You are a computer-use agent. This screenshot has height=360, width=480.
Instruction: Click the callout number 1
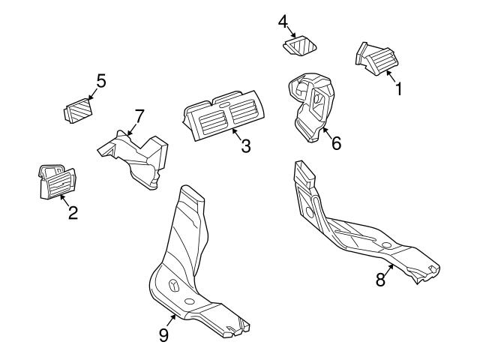399,88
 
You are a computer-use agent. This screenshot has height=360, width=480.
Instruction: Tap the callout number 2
73,212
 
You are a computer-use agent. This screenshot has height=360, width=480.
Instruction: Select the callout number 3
245,145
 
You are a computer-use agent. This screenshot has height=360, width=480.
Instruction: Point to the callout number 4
283,22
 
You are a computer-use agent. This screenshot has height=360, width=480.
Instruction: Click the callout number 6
335,142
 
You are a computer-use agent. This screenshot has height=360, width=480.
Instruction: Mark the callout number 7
139,115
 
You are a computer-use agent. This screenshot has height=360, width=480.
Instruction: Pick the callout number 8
380,279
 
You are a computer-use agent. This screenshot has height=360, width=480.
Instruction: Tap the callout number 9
164,335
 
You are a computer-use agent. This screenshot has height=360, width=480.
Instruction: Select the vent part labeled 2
55,181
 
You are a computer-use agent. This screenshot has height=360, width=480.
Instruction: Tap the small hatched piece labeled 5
76,112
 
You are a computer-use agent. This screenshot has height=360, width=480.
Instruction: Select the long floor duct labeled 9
187,270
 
